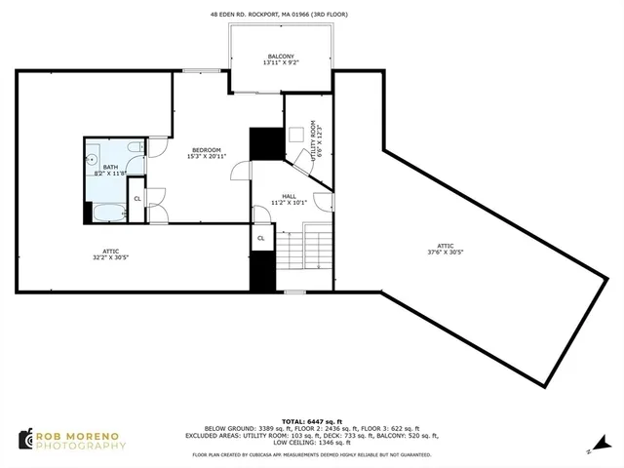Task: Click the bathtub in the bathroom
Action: point(105,214)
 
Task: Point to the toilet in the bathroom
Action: point(133,150)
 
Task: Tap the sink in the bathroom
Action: point(93,157)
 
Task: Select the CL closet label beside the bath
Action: point(137,198)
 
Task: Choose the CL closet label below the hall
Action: point(261,238)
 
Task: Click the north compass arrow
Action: point(589,450)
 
